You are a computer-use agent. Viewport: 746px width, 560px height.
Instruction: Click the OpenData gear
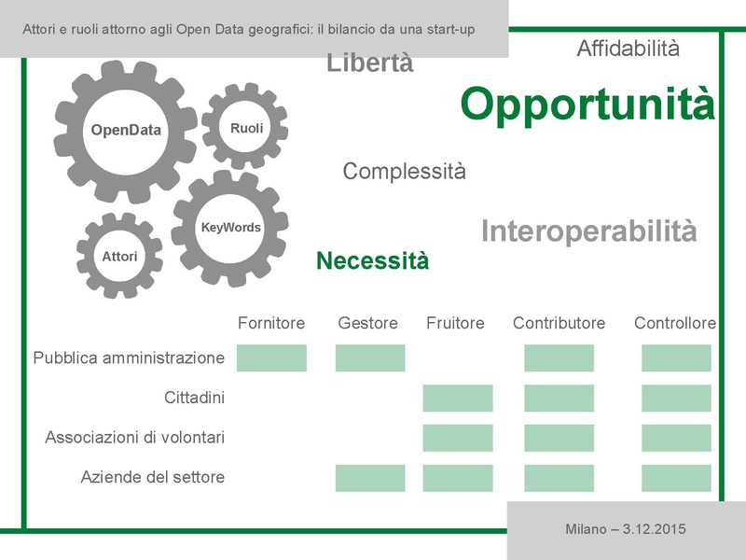126,130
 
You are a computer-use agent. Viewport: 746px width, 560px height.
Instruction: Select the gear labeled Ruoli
246,128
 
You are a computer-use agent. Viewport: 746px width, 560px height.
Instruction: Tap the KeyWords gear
230,228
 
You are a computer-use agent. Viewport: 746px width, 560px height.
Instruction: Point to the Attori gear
119,255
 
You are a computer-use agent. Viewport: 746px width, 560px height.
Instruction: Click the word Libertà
370,63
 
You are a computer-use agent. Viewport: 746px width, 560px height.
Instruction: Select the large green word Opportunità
587,105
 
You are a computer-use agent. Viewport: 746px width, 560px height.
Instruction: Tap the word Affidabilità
628,49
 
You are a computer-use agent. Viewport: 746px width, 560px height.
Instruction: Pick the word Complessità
404,172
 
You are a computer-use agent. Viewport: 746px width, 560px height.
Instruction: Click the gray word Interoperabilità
588,231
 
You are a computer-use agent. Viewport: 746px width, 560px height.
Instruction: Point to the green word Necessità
373,261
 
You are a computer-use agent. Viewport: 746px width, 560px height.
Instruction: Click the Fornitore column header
271,323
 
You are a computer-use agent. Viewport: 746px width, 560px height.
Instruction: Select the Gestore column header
367,323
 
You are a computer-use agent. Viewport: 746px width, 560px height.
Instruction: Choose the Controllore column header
675,323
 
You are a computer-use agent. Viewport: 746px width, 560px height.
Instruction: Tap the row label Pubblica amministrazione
129,357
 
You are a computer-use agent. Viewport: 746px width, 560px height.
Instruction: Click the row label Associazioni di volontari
134,437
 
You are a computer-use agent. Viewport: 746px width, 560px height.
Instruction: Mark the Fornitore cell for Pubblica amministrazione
271,358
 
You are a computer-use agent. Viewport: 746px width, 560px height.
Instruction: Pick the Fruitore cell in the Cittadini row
457,398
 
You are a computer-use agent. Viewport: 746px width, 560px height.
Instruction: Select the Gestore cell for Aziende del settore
370,478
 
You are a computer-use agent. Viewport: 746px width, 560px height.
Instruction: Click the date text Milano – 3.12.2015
626,529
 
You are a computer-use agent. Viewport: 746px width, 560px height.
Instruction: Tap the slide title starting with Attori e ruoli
249,29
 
